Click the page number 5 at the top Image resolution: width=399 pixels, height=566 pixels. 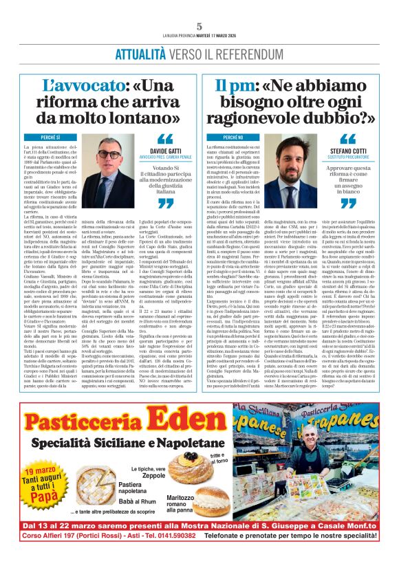coord(199,27)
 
